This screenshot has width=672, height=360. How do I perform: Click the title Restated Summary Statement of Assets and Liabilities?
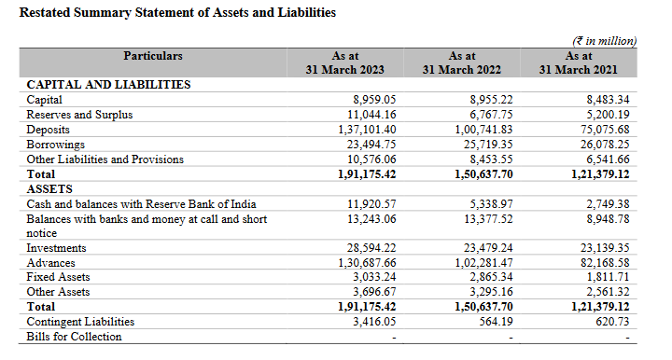click(x=177, y=13)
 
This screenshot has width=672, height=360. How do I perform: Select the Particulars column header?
click(x=153, y=56)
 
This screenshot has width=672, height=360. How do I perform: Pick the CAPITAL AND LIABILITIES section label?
click(x=108, y=84)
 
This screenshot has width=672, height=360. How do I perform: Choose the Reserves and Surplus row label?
click(x=79, y=115)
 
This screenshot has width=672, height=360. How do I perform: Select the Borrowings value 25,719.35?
click(x=484, y=145)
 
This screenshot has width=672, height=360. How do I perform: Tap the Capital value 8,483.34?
click(x=609, y=100)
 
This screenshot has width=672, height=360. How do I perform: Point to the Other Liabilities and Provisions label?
click(x=105, y=159)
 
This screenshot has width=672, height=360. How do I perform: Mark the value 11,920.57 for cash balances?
click(x=371, y=203)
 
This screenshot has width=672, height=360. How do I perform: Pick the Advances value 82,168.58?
click(x=605, y=263)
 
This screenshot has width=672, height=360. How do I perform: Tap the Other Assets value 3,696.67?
click(x=375, y=292)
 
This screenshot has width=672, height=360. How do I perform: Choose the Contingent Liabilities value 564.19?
click(x=495, y=322)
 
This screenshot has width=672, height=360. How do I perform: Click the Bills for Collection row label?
click(x=74, y=337)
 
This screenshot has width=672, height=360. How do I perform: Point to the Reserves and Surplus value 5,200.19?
click(x=609, y=115)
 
